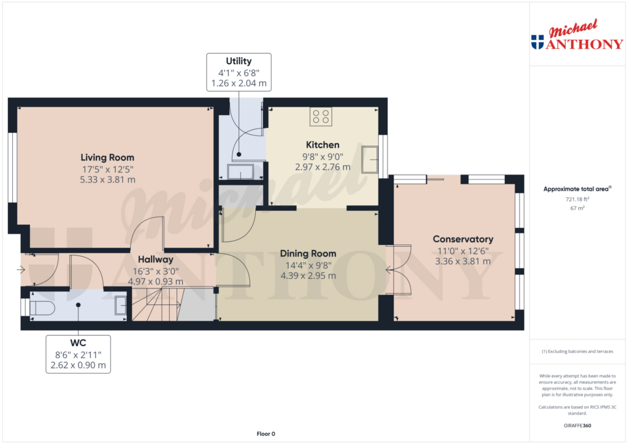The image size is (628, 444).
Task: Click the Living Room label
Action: click(x=107, y=157)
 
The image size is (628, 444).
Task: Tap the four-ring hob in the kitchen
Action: click(x=321, y=116)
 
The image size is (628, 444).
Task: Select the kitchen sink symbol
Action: click(x=370, y=160)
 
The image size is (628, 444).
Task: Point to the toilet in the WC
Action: click(x=42, y=308)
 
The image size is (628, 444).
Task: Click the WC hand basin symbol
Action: click(x=121, y=305)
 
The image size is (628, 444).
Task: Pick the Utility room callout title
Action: click(x=239, y=61)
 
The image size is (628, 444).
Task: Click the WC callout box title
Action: click(x=78, y=343)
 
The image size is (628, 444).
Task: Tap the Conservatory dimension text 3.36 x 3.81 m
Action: click(x=463, y=262)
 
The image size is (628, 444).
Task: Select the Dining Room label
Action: click(x=308, y=254)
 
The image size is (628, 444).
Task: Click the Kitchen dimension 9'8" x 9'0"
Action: click(x=323, y=157)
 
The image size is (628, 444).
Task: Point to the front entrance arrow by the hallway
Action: click(x=21, y=270)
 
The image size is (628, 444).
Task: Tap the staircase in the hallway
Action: click(x=174, y=304)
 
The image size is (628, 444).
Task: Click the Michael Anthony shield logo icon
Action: click(x=537, y=42)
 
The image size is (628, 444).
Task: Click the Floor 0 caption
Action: click(x=266, y=434)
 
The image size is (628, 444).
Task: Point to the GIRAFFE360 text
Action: click(x=577, y=426)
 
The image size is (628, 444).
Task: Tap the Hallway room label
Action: click(x=156, y=260)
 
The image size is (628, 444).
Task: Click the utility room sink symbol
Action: click(x=240, y=172)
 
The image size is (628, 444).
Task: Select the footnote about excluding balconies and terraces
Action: click(x=577, y=352)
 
